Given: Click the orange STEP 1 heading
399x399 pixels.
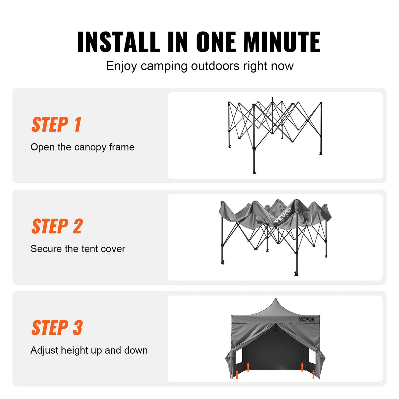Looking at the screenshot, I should [56, 125].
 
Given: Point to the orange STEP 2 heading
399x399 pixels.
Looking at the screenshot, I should [57, 226].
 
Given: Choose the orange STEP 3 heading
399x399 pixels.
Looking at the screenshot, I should [57, 328].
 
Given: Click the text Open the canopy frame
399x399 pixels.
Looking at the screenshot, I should [82, 147].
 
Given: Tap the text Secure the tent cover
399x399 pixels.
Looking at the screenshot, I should [78, 249].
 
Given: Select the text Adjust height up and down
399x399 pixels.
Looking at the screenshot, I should [89, 350].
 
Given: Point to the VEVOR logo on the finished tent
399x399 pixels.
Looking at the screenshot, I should [307, 319].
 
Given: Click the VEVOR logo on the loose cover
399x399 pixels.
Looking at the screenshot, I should [283, 215].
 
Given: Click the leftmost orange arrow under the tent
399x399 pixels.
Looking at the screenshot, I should [237, 374].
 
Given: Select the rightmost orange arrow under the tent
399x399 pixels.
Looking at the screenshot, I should [314, 374].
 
